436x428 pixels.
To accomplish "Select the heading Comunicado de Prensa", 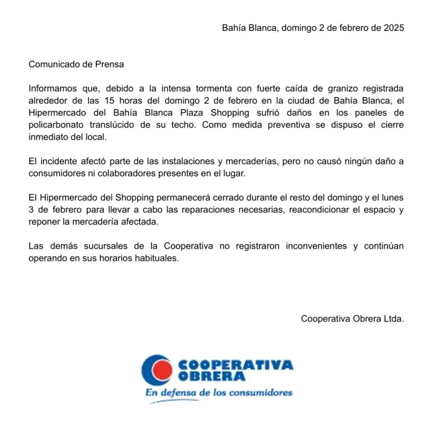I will point(76,64).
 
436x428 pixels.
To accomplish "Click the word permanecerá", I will point(181,198).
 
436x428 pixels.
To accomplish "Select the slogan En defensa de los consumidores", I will point(219,393).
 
